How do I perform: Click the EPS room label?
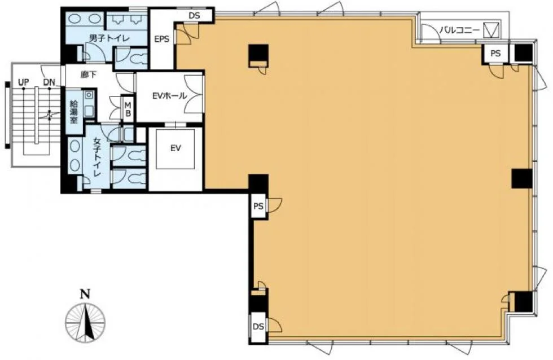(x=161, y=39)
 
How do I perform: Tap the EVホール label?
(x=170, y=95)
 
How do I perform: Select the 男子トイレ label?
(x=109, y=38)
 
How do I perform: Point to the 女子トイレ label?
(x=97, y=157)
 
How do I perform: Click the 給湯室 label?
(x=74, y=112)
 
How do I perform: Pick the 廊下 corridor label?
(x=88, y=74)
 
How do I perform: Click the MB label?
(x=128, y=109)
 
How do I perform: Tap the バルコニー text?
(x=459, y=30)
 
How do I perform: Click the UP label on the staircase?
(x=23, y=82)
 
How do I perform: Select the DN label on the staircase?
(x=50, y=82)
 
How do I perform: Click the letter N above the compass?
(x=85, y=294)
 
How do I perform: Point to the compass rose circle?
(x=85, y=323)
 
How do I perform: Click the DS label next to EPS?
(x=194, y=15)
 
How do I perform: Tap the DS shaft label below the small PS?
(x=258, y=327)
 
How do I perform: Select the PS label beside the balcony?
(x=495, y=53)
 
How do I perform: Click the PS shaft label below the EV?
(x=258, y=206)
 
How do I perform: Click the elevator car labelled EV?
(x=175, y=148)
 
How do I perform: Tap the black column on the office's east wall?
(x=522, y=178)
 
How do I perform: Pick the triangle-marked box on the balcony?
(x=491, y=29)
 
